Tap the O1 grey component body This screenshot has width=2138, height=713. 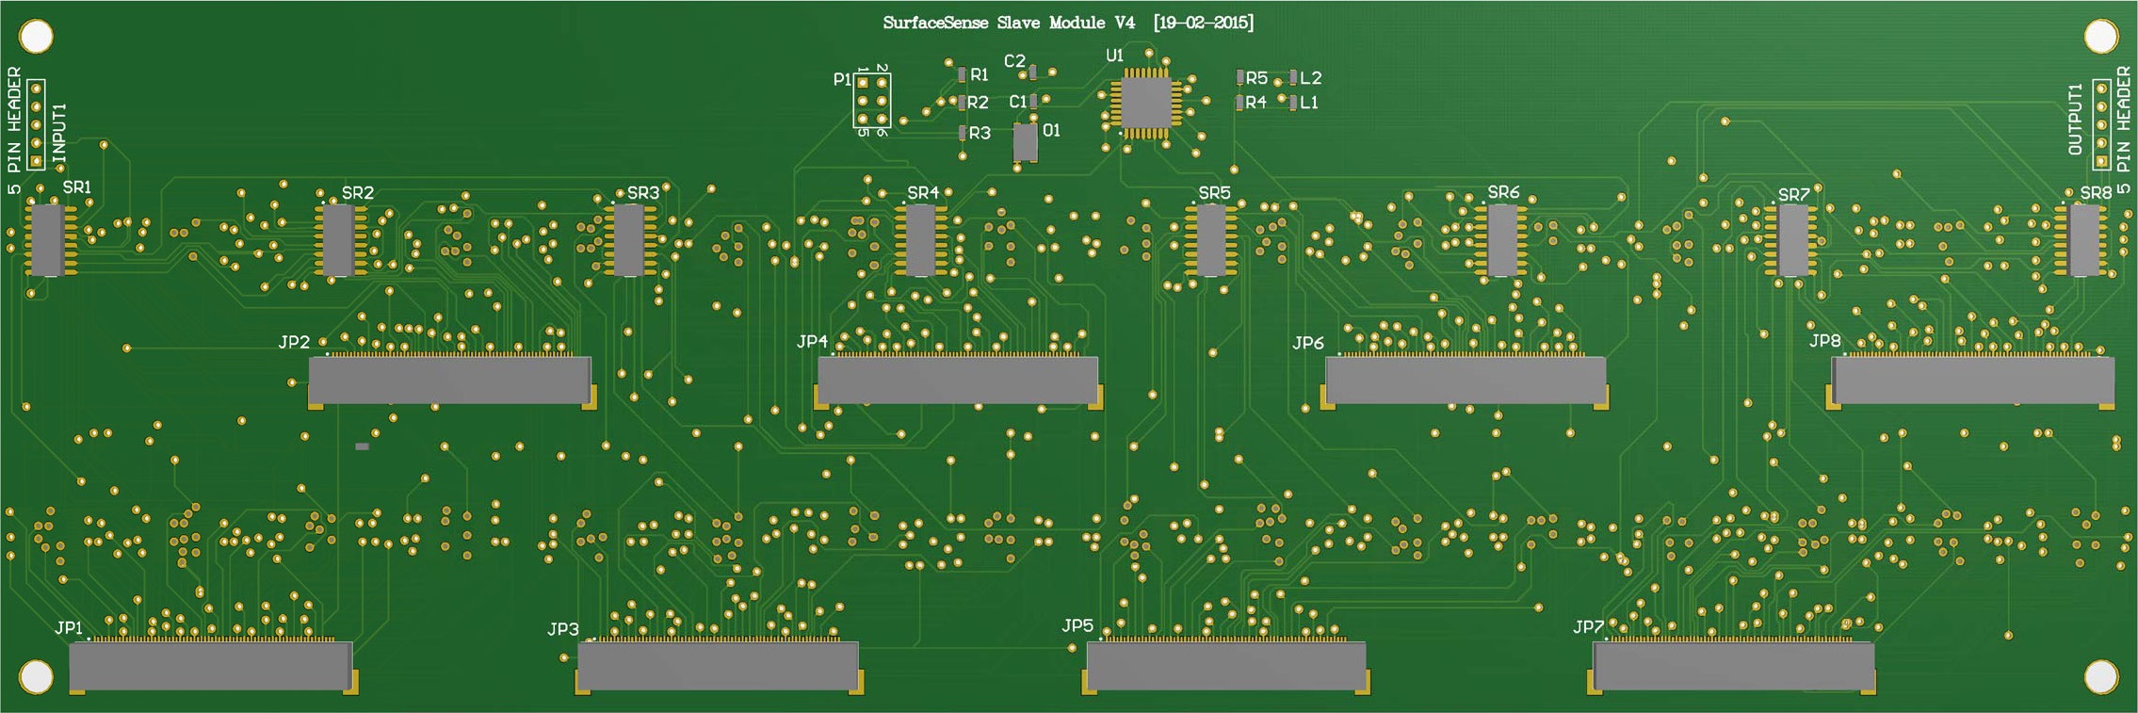(x=1025, y=143)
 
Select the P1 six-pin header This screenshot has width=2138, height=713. (x=872, y=101)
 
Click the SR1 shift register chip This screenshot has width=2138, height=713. (x=47, y=239)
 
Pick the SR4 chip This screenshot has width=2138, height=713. (x=920, y=240)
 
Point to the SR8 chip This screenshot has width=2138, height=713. (x=2083, y=240)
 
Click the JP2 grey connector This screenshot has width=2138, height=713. (x=450, y=380)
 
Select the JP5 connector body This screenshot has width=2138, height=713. (x=1225, y=667)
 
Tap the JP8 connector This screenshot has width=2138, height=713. (x=1972, y=381)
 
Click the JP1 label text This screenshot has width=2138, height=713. (x=69, y=628)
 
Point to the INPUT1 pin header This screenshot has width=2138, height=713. (x=36, y=124)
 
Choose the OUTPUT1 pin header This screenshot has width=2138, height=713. (x=2101, y=124)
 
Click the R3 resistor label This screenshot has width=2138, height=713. (x=980, y=134)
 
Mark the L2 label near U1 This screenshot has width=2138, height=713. (x=1311, y=78)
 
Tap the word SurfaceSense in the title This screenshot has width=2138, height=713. (x=935, y=23)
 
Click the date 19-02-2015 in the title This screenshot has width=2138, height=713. (x=1204, y=23)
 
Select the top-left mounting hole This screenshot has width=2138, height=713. (x=36, y=37)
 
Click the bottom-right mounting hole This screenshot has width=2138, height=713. (x=2101, y=676)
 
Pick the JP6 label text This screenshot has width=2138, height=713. (x=1307, y=343)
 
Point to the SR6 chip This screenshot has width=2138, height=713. (x=1501, y=240)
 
